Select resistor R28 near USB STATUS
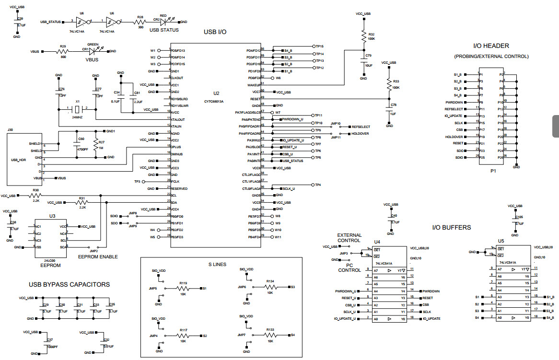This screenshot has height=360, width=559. tap(140, 22)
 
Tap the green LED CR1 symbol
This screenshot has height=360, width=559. tap(93, 51)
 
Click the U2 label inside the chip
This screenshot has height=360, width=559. tap(216, 93)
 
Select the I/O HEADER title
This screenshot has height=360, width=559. tap(491, 46)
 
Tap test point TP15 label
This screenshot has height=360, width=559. tap(320, 46)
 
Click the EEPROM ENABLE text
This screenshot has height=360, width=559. tap(98, 257)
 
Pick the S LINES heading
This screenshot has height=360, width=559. tap(217, 264)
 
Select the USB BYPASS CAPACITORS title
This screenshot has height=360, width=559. tap(69, 284)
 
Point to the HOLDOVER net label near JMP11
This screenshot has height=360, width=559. tap(360, 134)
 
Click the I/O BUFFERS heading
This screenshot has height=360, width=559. tap(451, 227)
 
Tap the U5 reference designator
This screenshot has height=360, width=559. tap(501, 241)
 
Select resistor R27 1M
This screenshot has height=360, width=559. tap(98, 146)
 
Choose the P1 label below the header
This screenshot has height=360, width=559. tap(493, 171)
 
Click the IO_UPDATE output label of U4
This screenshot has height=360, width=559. tap(431, 319)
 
